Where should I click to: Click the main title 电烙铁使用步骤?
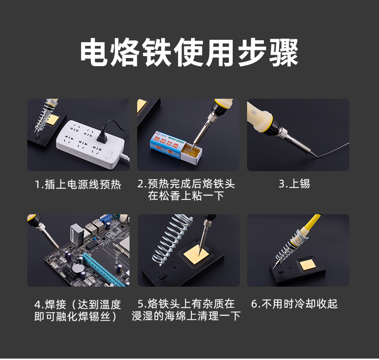point(189,52)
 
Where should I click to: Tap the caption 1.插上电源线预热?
point(78,185)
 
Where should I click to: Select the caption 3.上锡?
point(294,184)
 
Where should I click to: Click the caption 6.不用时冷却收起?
point(294,304)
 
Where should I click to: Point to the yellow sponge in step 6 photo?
point(306,266)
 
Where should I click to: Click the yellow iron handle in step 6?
point(312,222)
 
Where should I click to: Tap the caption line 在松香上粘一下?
point(186,196)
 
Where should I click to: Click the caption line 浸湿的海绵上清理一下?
point(186,316)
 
